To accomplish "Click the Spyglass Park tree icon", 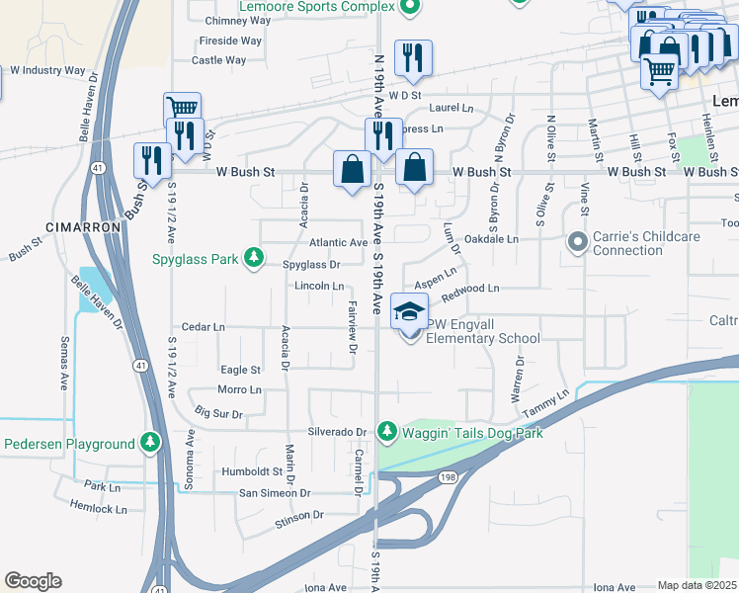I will (x=255, y=259).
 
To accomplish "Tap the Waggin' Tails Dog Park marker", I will (x=388, y=432).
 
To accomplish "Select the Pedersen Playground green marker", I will (x=150, y=442).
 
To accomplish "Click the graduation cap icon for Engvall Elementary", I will (x=409, y=312).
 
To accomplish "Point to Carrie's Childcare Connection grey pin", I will (x=577, y=242).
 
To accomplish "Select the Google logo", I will (x=33, y=580).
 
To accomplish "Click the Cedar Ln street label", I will (x=204, y=327).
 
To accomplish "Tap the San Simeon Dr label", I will (x=269, y=492).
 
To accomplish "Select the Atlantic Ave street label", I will (x=338, y=242).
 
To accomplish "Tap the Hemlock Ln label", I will (x=99, y=510).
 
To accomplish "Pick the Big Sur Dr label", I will (x=219, y=413).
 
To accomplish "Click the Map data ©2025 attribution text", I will (x=697, y=585).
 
